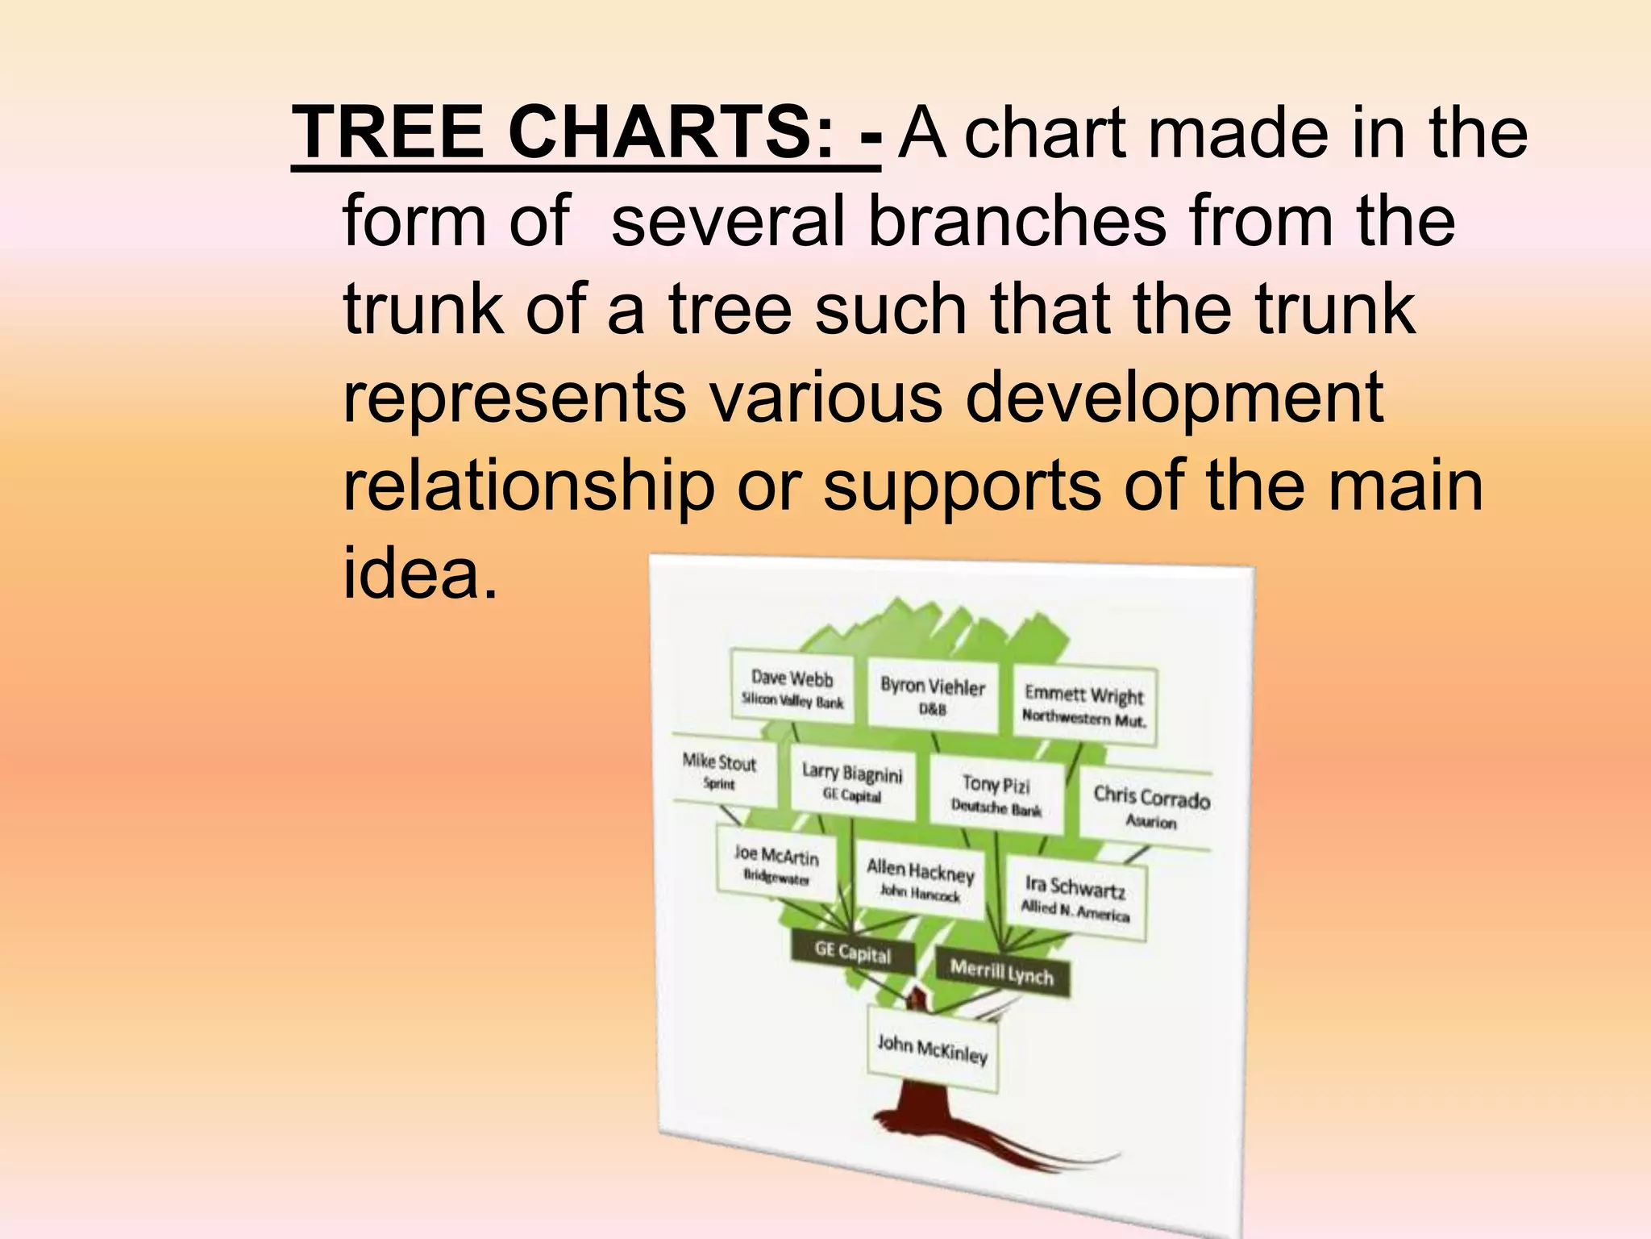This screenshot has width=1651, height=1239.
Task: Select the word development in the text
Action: click(x=1174, y=399)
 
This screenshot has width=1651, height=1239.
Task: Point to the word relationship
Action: click(x=529, y=488)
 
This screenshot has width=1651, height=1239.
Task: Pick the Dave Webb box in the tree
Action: click(x=792, y=688)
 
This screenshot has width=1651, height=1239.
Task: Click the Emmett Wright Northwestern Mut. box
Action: click(x=1083, y=704)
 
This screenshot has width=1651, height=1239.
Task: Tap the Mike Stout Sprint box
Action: click(x=719, y=771)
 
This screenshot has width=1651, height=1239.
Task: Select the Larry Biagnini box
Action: click(x=852, y=782)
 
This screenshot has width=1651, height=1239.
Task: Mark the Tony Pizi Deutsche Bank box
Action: click(x=996, y=795)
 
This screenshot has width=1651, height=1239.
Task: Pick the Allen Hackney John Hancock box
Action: click(x=920, y=879)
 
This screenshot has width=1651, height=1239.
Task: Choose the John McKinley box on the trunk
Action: click(x=932, y=1049)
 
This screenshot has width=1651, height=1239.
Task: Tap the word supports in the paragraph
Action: click(x=962, y=488)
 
